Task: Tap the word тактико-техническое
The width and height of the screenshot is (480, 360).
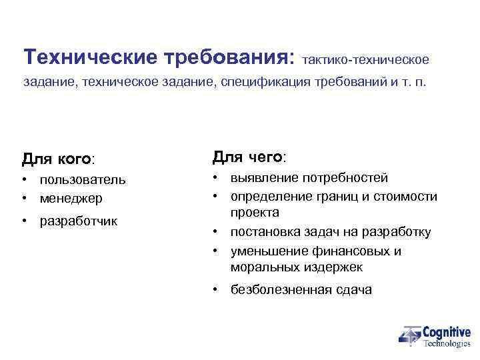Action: coord(365,60)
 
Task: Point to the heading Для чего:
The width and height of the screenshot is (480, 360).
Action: coord(249,157)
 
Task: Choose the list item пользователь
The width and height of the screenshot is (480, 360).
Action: coord(82,180)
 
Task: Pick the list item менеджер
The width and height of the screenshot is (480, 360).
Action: coord(71,198)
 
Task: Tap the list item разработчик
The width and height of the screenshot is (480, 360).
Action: coord(78,221)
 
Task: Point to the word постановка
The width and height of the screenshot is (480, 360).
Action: coord(263,232)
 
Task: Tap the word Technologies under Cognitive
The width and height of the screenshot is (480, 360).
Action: coord(447,343)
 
